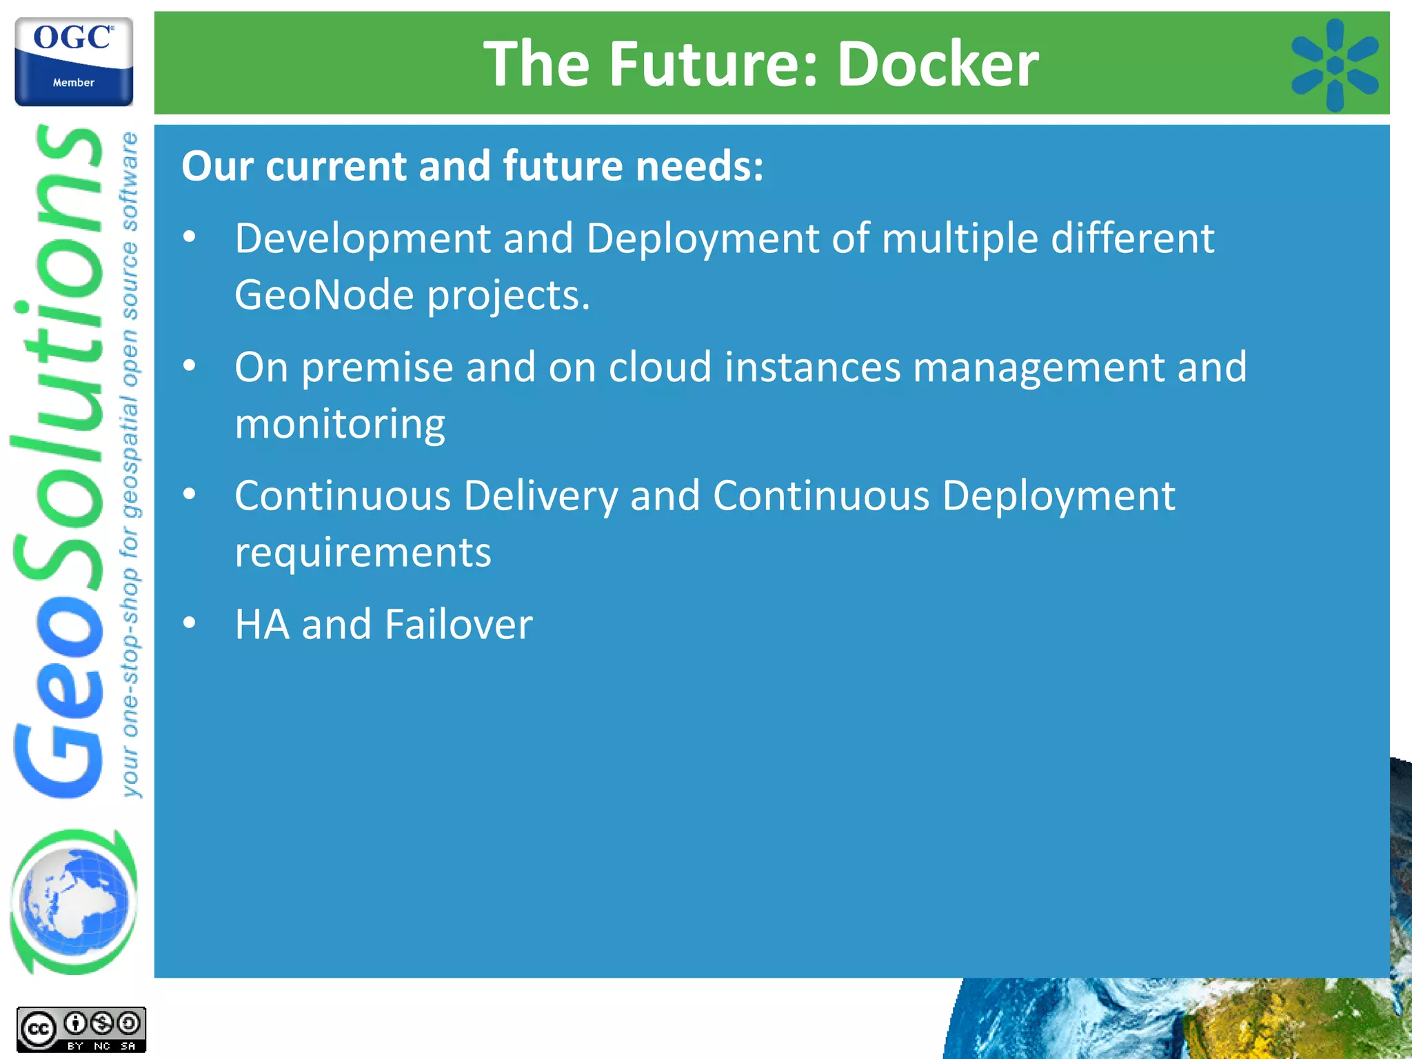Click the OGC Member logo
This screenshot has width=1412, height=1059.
click(74, 62)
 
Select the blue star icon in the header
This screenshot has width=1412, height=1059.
click(1334, 65)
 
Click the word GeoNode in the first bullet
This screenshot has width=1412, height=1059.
click(323, 295)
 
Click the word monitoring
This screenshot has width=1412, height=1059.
click(340, 423)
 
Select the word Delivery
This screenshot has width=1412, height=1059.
click(541, 496)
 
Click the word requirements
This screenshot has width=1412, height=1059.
click(363, 552)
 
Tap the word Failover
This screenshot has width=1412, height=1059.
click(458, 625)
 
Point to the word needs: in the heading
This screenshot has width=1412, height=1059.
click(699, 167)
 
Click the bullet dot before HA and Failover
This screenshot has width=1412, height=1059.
click(190, 623)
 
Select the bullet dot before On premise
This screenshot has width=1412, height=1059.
click(190, 366)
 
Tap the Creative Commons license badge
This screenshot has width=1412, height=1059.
click(81, 1029)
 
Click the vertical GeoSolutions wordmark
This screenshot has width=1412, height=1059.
click(59, 462)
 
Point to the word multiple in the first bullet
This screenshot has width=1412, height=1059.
click(960, 239)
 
